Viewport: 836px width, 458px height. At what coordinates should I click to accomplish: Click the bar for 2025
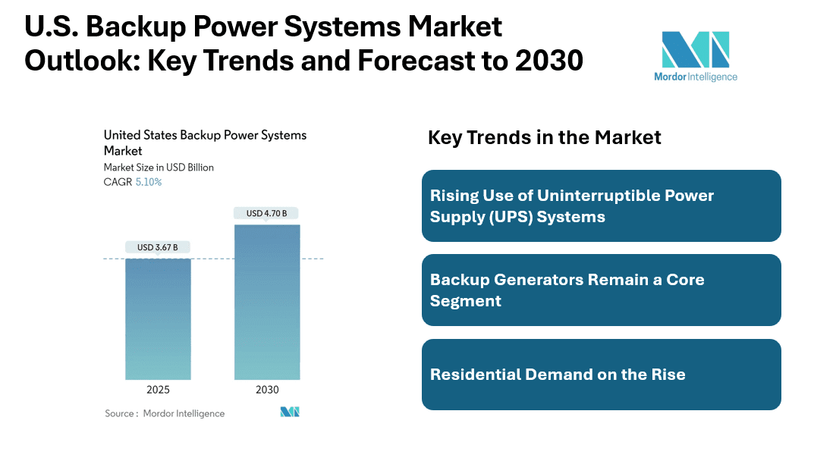point(158,318)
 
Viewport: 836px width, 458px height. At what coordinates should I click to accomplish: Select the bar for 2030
point(267,302)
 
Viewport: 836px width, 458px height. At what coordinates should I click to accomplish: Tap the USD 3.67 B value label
point(158,247)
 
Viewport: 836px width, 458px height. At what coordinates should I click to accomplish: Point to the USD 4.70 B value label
point(266,213)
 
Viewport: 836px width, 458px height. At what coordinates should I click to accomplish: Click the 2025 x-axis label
point(158,390)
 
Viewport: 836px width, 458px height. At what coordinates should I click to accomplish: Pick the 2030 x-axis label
point(267,390)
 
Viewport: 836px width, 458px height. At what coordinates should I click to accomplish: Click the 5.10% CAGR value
point(148,182)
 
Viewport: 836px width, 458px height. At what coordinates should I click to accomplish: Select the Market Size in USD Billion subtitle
point(159,168)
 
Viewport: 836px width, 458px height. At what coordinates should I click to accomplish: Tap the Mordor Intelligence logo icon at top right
point(696,49)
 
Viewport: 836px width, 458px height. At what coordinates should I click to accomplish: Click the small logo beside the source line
point(290,412)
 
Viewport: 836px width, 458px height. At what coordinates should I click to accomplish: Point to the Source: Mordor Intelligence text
point(165,413)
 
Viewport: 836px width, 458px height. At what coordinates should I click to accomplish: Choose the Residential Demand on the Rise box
point(602,375)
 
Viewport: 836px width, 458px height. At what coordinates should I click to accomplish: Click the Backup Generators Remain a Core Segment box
point(602,290)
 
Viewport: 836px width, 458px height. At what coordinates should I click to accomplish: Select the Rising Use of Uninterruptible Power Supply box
point(602,205)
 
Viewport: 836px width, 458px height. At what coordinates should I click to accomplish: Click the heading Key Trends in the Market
point(545,137)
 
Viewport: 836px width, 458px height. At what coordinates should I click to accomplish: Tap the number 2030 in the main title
point(549,60)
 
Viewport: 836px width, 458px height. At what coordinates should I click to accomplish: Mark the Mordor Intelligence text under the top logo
point(696,77)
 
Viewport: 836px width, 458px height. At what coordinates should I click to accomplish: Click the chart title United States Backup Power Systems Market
point(206,143)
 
